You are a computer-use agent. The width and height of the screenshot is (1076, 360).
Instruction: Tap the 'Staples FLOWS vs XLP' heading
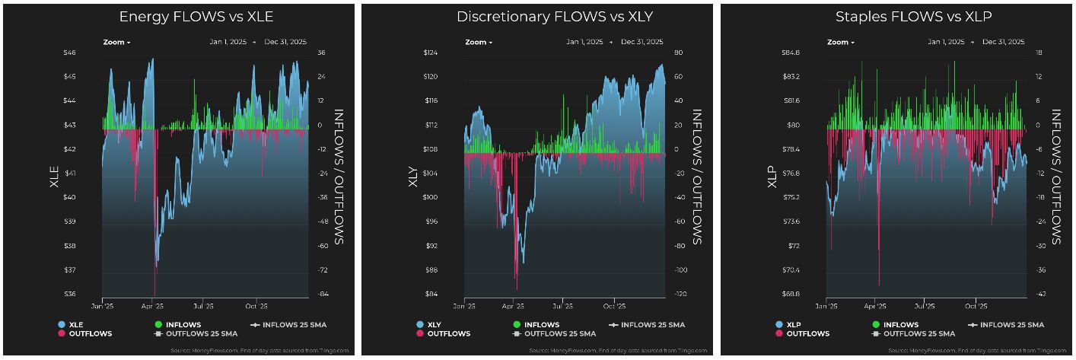898,16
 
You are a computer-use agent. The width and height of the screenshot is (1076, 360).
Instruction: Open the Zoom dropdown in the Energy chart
116,42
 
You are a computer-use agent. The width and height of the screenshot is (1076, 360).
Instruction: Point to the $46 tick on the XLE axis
69,53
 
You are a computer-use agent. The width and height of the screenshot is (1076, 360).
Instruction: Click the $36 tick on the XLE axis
69,294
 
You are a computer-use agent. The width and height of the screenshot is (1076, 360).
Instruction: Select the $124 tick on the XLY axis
431,53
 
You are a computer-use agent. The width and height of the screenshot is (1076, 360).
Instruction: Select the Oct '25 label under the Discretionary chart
613,306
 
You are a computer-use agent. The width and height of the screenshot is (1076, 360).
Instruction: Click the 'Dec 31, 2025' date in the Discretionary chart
641,42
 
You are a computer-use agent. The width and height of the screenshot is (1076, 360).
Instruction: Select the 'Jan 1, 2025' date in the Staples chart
947,42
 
